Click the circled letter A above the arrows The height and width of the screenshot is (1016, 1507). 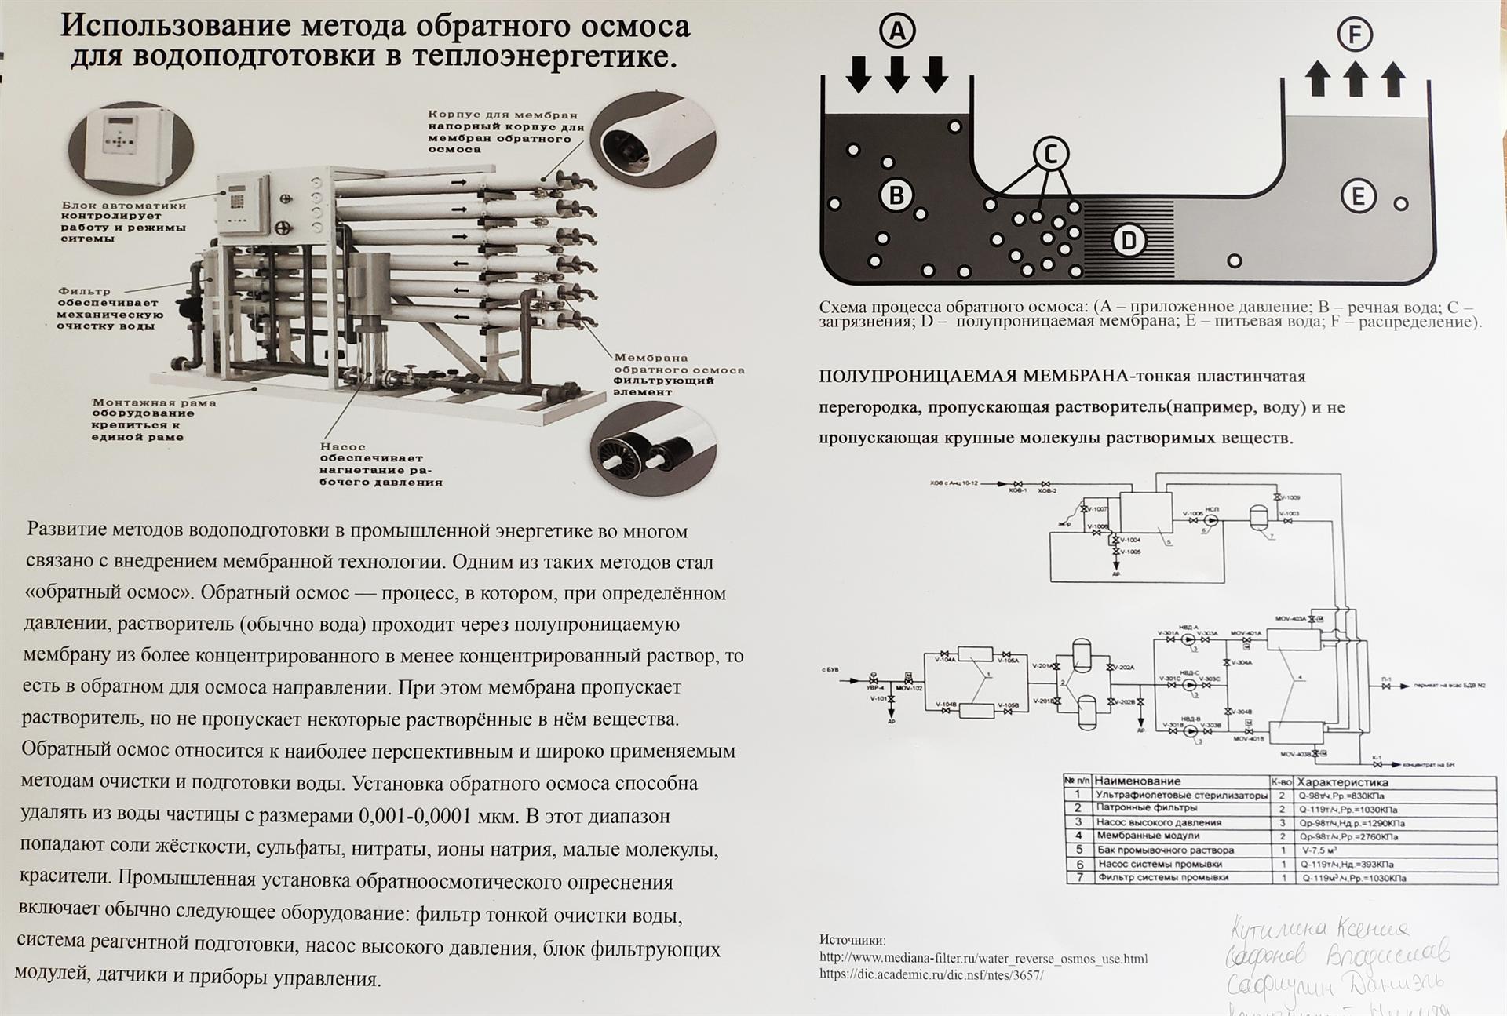pos(897,31)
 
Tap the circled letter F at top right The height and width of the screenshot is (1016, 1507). pos(1355,35)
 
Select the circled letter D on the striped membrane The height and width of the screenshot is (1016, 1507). pos(1129,240)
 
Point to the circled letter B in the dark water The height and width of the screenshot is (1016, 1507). pos(896,195)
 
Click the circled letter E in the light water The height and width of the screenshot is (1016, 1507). pos(1359,196)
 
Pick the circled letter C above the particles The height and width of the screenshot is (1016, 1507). pos(1051,154)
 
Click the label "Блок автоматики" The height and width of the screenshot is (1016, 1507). pos(124,206)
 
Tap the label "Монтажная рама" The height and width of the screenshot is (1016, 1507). pos(154,402)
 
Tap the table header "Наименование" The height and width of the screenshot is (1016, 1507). pos(1137,781)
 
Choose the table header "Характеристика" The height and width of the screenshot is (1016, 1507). pos(1342,781)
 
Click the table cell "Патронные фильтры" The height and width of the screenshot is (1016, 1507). pos(1147,808)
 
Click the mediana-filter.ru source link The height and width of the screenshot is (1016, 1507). pos(983,958)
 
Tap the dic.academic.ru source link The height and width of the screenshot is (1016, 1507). pos(932,975)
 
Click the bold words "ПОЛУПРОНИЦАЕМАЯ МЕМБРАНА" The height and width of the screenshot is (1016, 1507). pos(973,377)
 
